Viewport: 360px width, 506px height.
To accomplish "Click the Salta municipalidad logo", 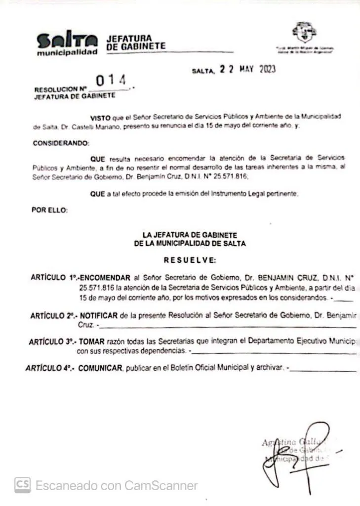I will click(67, 44).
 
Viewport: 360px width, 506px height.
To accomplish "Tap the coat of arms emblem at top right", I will click(304, 34).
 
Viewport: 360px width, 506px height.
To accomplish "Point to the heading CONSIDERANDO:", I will click(61, 143).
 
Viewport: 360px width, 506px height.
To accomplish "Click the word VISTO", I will click(100, 116).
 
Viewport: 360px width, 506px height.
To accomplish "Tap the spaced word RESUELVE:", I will click(190, 260).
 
